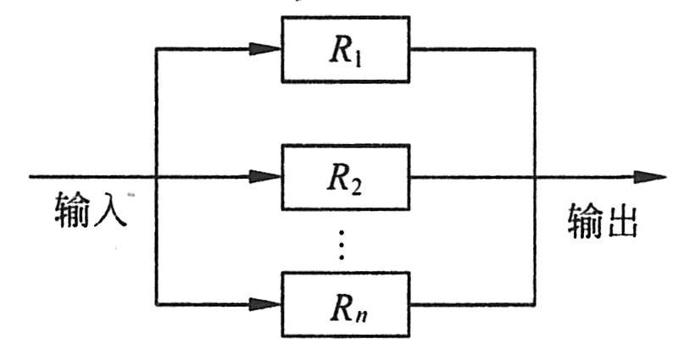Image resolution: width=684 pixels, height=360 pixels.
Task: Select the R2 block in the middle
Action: click(x=346, y=178)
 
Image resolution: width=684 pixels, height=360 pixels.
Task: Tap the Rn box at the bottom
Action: click(x=346, y=302)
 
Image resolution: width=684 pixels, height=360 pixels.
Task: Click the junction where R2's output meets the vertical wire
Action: click(x=535, y=178)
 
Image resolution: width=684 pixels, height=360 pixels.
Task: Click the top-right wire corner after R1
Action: click(x=535, y=48)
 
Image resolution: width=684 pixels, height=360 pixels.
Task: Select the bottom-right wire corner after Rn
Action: click(x=535, y=302)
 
